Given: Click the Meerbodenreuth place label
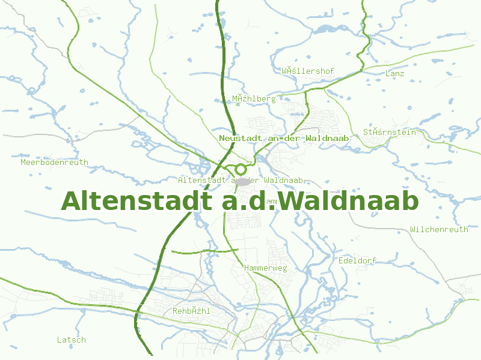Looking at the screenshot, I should coord(54,162).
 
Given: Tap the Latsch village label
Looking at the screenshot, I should coord(72,340).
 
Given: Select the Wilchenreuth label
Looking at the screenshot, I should coord(439,229).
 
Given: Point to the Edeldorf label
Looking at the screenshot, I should coord(357,260).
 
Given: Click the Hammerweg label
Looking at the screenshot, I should coord(266,268).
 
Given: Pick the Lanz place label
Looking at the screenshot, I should coord(394,73).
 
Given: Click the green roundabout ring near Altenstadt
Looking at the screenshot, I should coord(240,169).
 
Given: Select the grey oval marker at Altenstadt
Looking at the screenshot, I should coord(242,181).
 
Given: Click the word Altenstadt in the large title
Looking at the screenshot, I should coord(137,201).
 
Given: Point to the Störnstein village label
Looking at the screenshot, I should coord(390,132).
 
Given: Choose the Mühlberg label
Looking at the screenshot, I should coord(254,98).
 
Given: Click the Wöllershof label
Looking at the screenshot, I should coord(308,71).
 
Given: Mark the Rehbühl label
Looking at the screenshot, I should coord(191,311).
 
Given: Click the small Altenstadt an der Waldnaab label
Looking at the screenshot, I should coord(244,180).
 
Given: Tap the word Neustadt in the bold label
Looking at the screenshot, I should coord(242,138).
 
